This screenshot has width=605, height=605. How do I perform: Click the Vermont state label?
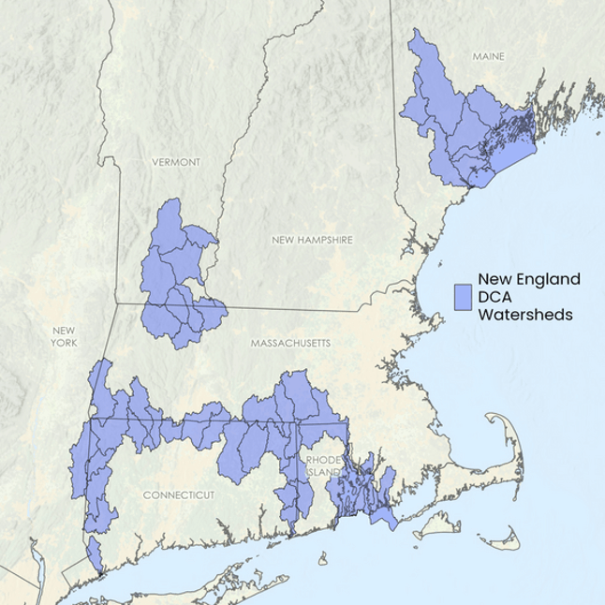(176, 162)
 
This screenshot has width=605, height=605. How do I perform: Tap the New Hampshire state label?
(312, 240)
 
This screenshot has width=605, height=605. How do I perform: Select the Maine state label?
(488, 56)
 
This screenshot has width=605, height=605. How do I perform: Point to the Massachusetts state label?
(290, 344)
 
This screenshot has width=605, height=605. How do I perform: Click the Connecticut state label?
(179, 494)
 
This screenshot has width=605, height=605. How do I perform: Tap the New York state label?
(64, 336)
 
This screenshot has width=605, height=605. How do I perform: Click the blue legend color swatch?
(462, 297)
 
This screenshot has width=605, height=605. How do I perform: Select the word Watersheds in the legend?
(524, 315)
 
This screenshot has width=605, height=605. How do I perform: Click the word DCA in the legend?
(496, 297)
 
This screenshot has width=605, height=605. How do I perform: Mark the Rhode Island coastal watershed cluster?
(361, 487)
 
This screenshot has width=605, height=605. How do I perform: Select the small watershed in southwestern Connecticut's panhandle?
(95, 553)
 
